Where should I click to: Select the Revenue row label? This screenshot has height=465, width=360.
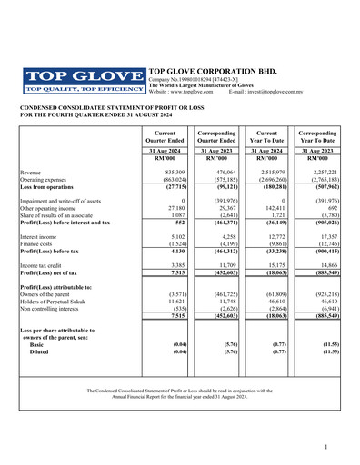(x=31, y=171)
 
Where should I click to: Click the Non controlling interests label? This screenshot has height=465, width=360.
(x=52, y=309)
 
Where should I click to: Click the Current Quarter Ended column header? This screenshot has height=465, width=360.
(x=166, y=136)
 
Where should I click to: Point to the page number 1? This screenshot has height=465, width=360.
(x=325, y=449)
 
